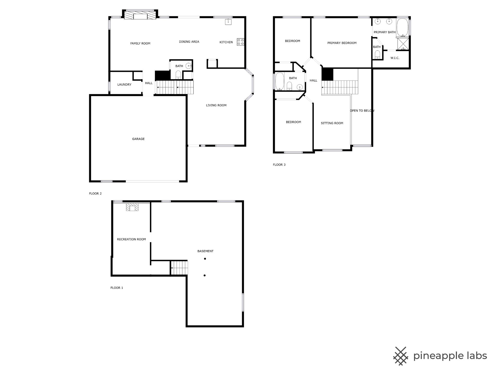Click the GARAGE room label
coord(138,139)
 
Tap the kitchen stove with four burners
coord(240,42)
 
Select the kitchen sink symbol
coord(228,22)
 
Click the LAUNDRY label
coord(124,85)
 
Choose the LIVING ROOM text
coord(216,105)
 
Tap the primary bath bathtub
coord(403,27)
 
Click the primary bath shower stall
coord(403,44)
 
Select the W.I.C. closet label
coord(395,58)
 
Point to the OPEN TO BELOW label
coord(362,111)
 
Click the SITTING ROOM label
coord(332,123)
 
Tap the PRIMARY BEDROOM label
coord(342,43)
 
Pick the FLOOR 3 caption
coord(279,165)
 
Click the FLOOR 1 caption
coord(117,288)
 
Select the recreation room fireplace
coord(132,207)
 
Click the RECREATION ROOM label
coord(132,239)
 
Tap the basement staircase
coord(179,267)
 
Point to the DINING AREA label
coord(189,42)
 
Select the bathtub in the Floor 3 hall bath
coord(280,81)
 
